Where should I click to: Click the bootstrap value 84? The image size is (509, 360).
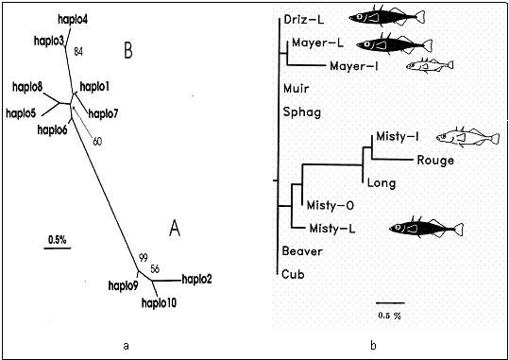79,51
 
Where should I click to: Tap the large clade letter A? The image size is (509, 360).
173,227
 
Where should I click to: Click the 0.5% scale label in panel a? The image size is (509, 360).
56,240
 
